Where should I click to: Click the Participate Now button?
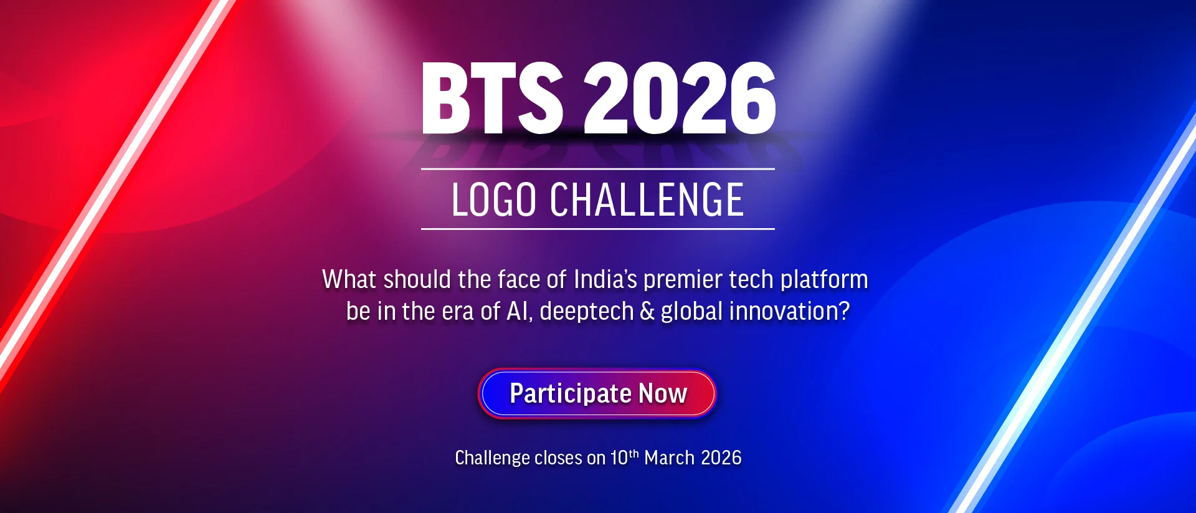coord(597,393)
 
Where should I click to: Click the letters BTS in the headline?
coord(492,98)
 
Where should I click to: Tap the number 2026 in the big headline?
coord(680,98)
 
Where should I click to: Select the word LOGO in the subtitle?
coord(494,200)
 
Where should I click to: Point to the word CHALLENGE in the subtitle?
coord(647,200)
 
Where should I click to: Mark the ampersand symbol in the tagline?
coord(647,312)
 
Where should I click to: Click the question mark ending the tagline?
coord(844,311)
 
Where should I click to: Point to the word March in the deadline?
coord(670,458)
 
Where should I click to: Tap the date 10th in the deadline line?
coord(624,458)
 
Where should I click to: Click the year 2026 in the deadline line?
coord(721,458)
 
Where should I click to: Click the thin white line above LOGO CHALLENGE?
coord(598,169)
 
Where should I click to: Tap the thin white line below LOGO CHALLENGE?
coord(598,229)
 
